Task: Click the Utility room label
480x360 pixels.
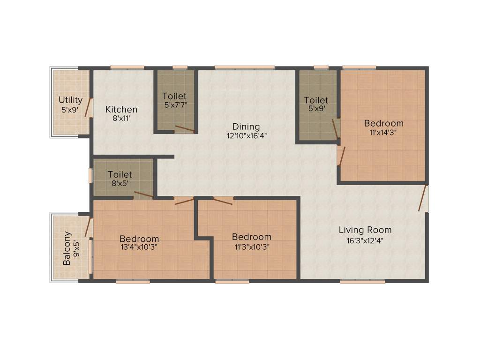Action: (x=71, y=100)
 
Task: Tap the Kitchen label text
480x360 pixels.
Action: (x=121, y=110)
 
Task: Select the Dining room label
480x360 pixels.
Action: (x=246, y=127)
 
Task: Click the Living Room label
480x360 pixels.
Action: (x=365, y=230)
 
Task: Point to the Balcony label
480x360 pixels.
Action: (x=67, y=248)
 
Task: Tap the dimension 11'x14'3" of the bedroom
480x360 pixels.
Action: (x=384, y=133)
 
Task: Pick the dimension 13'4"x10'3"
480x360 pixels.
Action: (x=139, y=247)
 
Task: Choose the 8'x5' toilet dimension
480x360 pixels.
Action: (x=120, y=184)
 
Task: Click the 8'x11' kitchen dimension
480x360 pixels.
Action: (x=121, y=119)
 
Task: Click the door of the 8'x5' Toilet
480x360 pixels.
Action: (x=143, y=195)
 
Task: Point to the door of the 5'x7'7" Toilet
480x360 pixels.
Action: (x=184, y=129)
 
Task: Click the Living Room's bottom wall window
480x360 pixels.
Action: (x=362, y=281)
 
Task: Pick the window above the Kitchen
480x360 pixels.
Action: (x=127, y=67)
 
